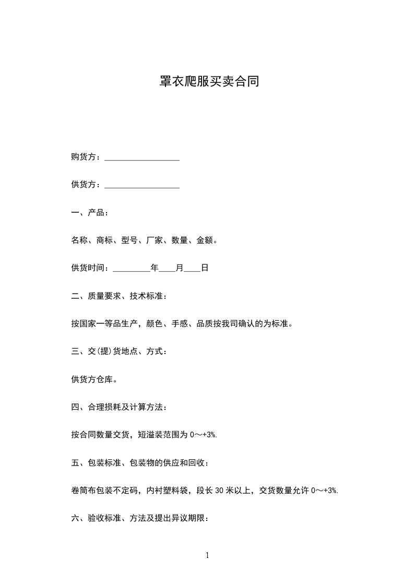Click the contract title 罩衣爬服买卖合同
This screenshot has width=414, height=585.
(209, 82)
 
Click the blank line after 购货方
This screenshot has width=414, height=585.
(142, 158)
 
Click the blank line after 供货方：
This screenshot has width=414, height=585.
(142, 186)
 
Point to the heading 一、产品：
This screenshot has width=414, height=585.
(90, 213)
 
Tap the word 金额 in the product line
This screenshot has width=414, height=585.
(205, 240)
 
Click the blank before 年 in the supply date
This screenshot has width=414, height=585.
(131, 269)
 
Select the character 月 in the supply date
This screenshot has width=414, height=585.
(180, 268)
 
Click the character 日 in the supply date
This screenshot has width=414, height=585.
(205, 268)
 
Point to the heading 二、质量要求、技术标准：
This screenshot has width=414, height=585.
(120, 296)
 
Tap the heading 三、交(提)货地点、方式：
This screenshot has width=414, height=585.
(120, 351)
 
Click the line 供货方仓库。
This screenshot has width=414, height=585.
(94, 379)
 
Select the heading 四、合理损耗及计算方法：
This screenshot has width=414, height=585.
(120, 407)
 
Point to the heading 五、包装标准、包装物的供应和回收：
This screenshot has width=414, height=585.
(141, 462)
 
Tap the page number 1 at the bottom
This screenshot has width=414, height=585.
(207, 555)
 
